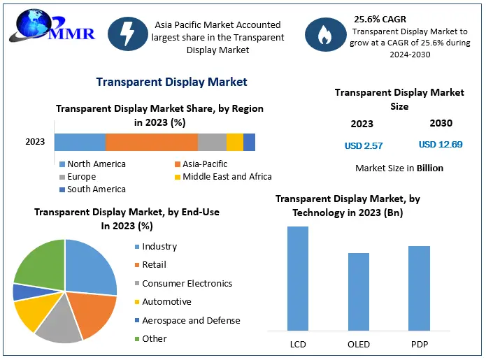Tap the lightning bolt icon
[128, 36]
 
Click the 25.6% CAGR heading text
[380, 19]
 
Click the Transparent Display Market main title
[171, 82]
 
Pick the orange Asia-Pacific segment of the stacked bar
[151, 142]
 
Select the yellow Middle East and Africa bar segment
[234, 142]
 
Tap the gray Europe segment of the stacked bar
[212, 142]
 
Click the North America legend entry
[96, 164]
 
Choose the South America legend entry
[96, 189]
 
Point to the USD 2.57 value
[364, 145]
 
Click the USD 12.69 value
[441, 145]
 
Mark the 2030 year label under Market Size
[441, 123]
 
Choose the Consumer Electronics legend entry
[187, 283]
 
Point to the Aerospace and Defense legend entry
[190, 320]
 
